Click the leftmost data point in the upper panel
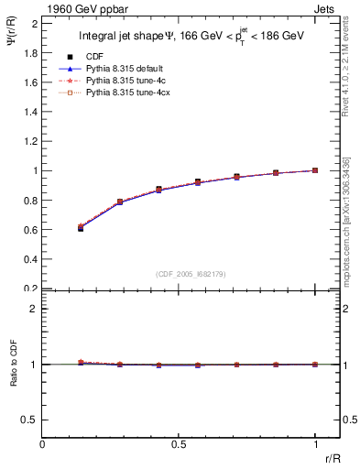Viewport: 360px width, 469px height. coord(81,227)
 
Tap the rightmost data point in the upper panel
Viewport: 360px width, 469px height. coord(315,170)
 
